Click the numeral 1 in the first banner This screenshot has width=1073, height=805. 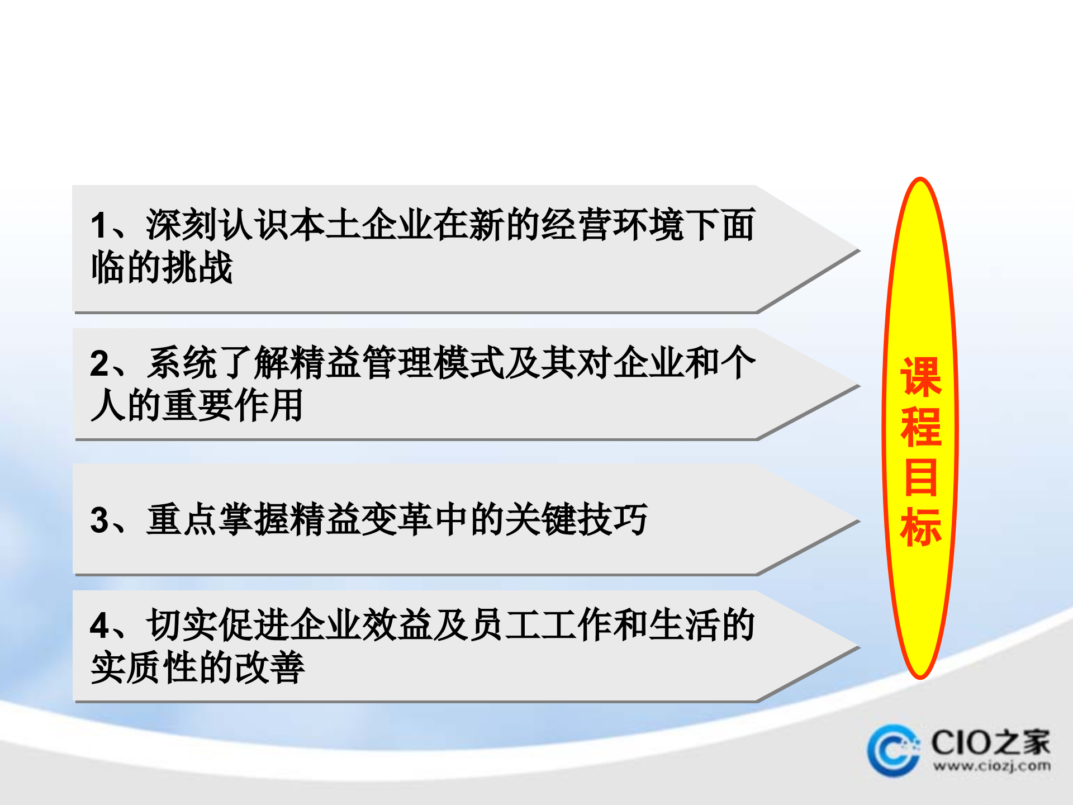[x=99, y=225]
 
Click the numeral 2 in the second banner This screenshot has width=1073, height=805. [x=99, y=363]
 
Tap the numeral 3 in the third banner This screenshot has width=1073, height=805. [x=99, y=520]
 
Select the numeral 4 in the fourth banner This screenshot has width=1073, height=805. [x=99, y=625]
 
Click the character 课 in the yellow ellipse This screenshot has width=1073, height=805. [x=921, y=378]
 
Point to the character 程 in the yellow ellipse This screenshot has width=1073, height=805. [x=921, y=428]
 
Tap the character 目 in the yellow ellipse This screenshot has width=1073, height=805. [x=921, y=477]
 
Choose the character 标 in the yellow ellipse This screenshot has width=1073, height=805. [x=921, y=527]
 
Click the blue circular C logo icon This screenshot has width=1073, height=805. [x=893, y=750]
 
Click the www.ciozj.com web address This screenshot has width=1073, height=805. [x=991, y=766]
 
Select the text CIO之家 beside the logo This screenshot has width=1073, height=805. [x=990, y=742]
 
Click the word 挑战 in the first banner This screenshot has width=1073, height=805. [x=199, y=267]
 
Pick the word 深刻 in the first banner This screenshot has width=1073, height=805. [x=181, y=225]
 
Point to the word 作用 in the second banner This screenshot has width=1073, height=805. [x=269, y=405]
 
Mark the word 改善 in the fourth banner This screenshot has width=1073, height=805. [x=269, y=667]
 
